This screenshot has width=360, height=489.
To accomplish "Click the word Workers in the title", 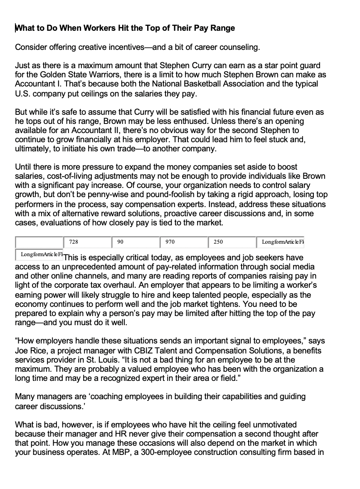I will coord(78,28).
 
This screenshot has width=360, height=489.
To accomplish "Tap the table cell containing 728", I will coord(87,242).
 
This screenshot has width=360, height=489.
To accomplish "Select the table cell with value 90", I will coord(136,242).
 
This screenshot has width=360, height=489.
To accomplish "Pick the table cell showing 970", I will coord(183,242).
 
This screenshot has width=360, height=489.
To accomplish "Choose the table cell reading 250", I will coord(232,242).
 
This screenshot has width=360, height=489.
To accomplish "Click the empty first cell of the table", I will coord(39,242).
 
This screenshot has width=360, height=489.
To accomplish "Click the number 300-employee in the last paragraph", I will coord(162,452).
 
